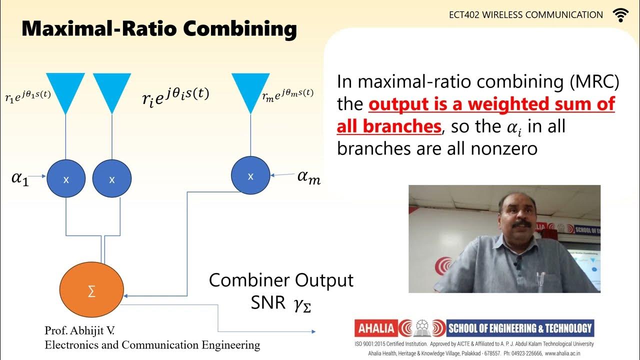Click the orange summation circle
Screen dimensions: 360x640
(91, 291)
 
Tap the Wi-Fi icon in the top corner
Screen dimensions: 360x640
(620, 15)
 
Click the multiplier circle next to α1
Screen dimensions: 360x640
(66, 179)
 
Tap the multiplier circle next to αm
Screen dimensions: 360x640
(250, 175)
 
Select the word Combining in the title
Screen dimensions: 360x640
(239, 29)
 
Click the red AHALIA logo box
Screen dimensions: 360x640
(375, 328)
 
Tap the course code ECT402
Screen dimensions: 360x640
(464, 15)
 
